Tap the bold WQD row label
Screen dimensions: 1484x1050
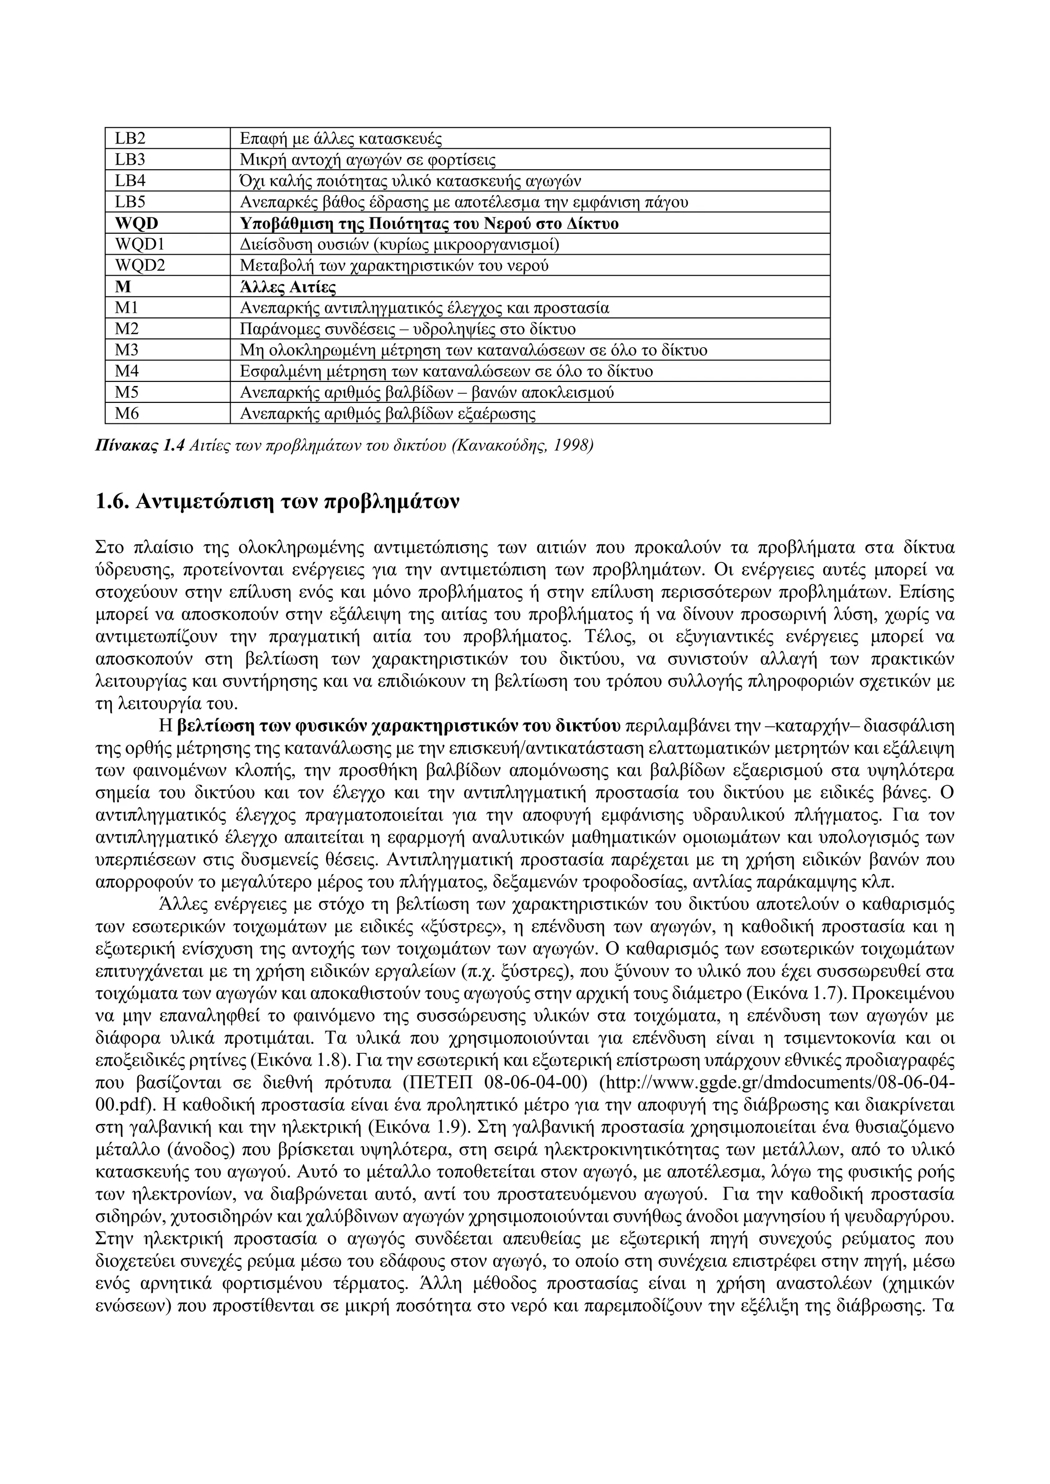[136, 223]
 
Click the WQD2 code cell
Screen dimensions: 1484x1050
[139, 266]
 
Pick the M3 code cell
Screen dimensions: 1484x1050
[127, 350]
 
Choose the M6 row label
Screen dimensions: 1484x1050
[127, 414]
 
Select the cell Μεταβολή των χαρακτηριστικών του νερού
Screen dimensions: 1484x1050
[394, 266]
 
